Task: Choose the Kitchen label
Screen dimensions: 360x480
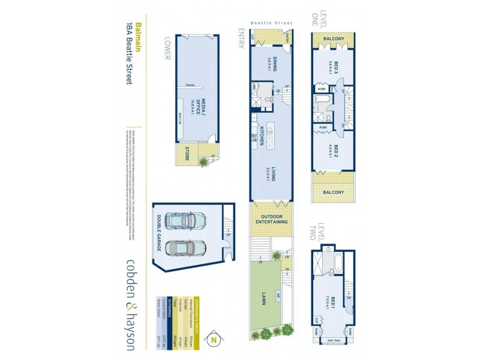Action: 262,137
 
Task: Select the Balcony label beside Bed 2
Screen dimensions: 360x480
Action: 333,193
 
